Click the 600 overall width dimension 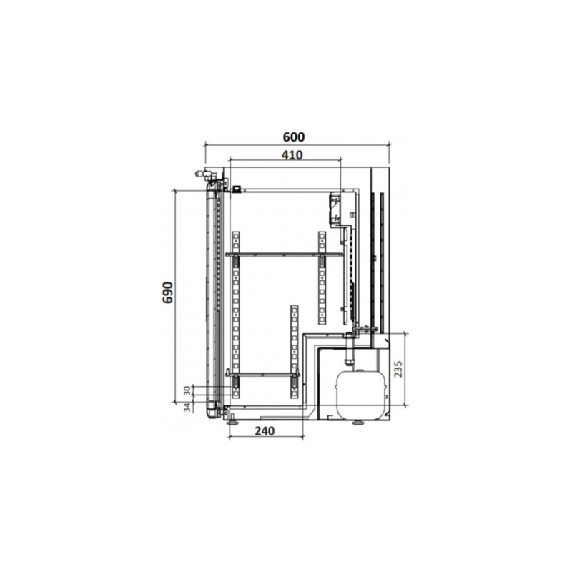(x=294, y=137)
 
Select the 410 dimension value (x=292, y=155)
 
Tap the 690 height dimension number (x=168, y=292)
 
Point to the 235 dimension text (x=398, y=368)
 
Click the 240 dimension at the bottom (x=265, y=431)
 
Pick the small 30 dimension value (x=187, y=390)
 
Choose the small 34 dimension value (x=187, y=407)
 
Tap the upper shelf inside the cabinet (x=284, y=255)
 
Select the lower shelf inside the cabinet (x=262, y=374)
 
